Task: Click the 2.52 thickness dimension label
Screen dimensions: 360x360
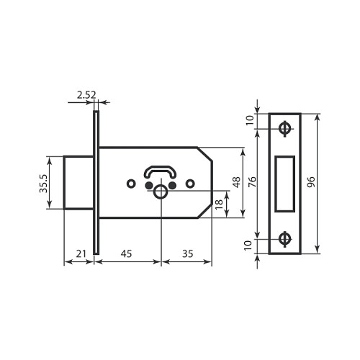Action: point(86,95)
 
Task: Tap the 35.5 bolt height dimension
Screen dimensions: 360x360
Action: point(44,184)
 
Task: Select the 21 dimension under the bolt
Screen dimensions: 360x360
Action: point(81,253)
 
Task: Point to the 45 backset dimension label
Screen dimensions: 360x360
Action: point(126,253)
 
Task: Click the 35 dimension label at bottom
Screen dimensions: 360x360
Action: point(187,253)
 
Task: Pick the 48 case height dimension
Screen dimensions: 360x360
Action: point(236,182)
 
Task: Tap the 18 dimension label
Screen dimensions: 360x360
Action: point(219,204)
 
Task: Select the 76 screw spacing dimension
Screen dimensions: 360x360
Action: point(252,182)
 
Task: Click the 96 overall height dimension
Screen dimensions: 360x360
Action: point(311,182)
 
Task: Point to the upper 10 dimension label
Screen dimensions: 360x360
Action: point(250,120)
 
